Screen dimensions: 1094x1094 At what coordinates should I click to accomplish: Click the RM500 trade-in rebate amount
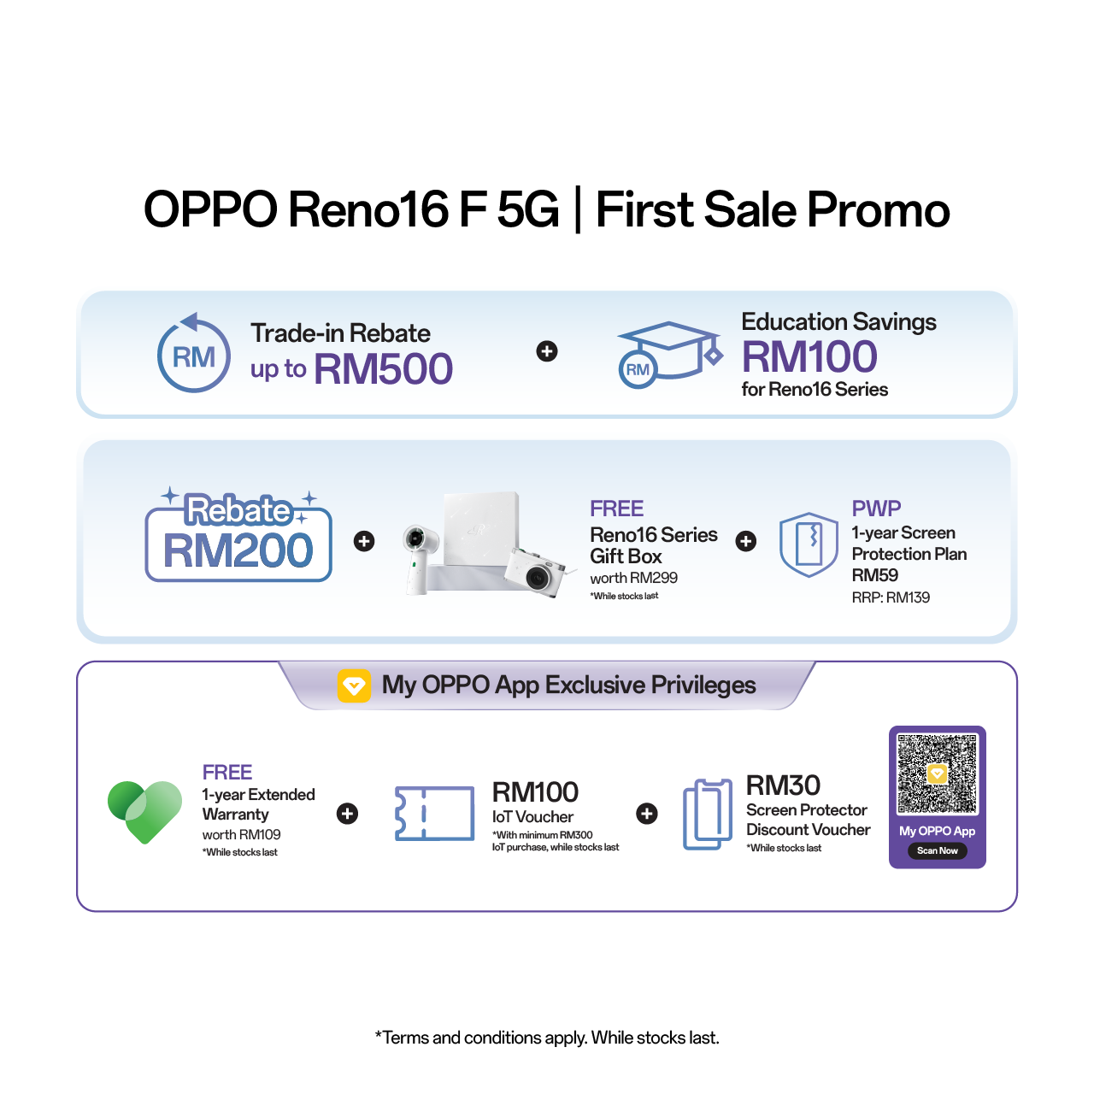click(383, 369)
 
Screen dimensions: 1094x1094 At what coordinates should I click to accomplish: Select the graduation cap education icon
click(670, 355)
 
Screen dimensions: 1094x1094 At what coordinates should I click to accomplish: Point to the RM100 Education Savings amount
click(809, 356)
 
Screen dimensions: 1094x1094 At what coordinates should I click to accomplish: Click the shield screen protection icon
click(809, 544)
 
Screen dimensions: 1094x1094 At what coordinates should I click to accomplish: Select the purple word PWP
click(876, 508)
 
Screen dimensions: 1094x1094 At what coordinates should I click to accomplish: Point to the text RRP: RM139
click(891, 597)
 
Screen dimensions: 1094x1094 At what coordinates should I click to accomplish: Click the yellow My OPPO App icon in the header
click(354, 685)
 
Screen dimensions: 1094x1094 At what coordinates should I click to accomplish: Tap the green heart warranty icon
click(144, 812)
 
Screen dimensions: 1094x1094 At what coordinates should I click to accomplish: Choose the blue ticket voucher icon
click(434, 813)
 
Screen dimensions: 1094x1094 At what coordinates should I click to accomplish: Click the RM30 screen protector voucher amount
click(783, 785)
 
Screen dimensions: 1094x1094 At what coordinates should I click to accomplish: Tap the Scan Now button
click(937, 850)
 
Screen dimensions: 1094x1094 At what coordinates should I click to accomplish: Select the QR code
click(937, 773)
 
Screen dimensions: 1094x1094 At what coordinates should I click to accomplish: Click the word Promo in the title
click(879, 209)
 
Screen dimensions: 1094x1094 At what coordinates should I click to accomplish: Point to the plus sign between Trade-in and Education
click(547, 351)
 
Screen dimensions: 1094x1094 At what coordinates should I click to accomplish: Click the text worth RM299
click(633, 578)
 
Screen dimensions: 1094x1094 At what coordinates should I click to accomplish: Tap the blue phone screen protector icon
click(708, 815)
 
